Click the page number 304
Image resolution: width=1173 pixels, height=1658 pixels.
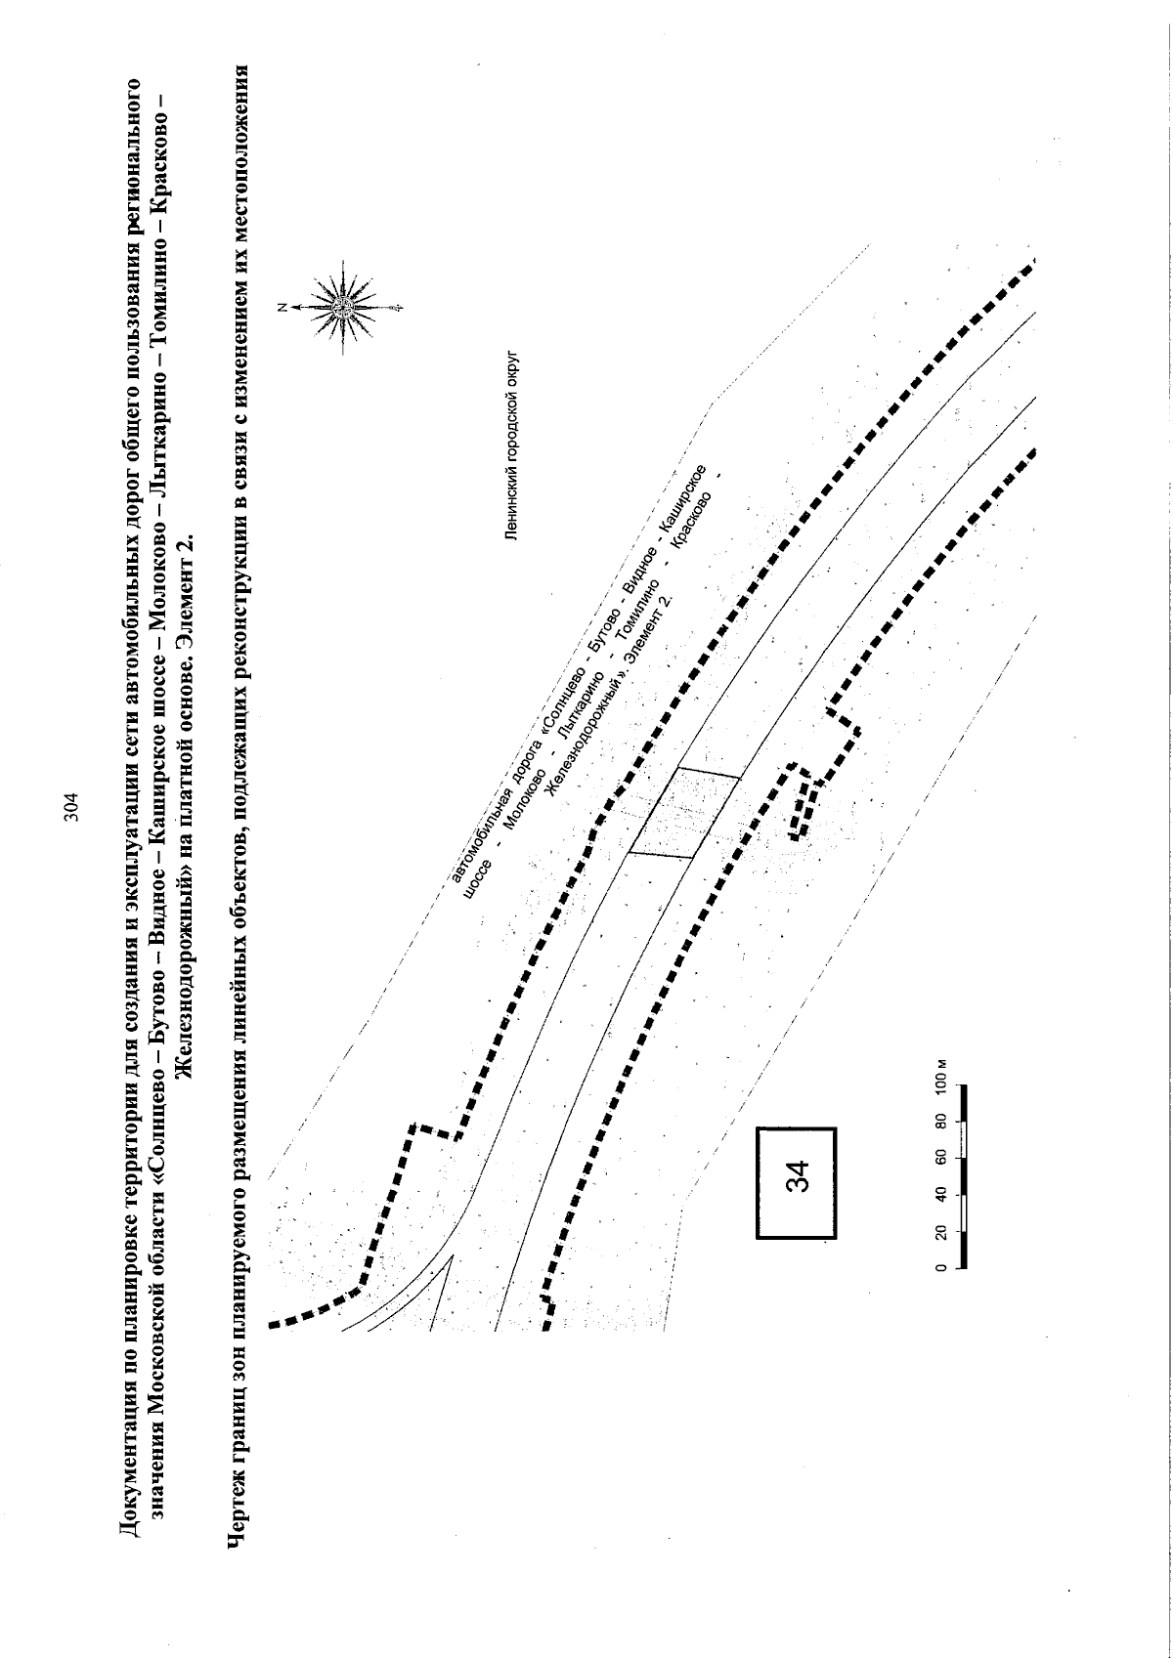pyautogui.click(x=70, y=808)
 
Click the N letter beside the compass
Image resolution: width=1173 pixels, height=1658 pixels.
pyautogui.click(x=282, y=307)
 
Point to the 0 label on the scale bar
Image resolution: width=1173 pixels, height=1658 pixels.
pyautogui.click(x=940, y=1268)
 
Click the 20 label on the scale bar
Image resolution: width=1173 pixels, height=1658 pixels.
pyautogui.click(x=940, y=1232)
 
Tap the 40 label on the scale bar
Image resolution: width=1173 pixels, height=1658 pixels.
pyautogui.click(x=940, y=1195)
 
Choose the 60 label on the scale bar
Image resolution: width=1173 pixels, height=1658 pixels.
pyautogui.click(x=940, y=1157)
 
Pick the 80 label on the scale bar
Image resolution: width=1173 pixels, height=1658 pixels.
pyautogui.click(x=940, y=1121)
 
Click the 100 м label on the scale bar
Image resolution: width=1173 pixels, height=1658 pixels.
pyautogui.click(x=940, y=1077)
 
